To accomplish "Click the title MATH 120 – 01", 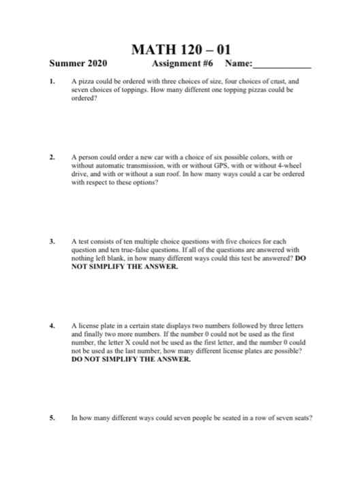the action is (181, 51).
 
